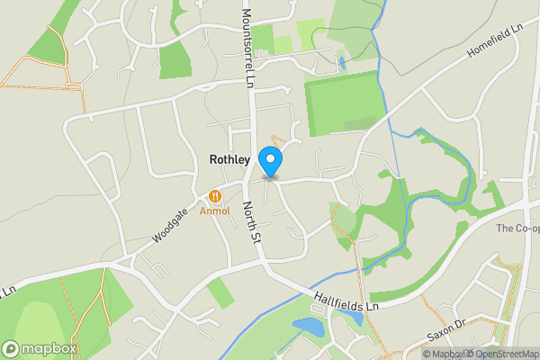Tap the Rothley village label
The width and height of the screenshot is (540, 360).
[x=229, y=159]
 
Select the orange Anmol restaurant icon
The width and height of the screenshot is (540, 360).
[x=215, y=196]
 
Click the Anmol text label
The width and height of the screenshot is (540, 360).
[x=215, y=211]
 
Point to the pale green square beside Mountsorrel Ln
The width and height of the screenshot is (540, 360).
[x=283, y=43]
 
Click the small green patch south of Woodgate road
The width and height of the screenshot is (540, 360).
[x=220, y=292]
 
